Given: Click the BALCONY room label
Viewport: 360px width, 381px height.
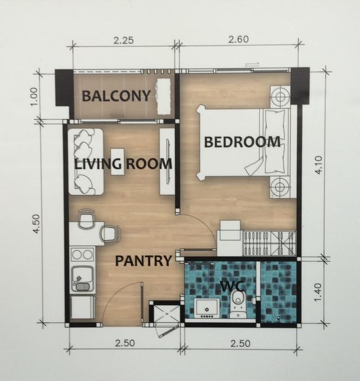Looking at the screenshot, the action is click(116, 96).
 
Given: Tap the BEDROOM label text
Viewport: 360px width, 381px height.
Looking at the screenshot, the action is click(242, 142).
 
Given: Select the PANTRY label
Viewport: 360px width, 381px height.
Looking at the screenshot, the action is click(143, 261).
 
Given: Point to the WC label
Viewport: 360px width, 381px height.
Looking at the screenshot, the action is click(232, 286).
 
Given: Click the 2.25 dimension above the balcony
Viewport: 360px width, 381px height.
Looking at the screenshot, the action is click(124, 40).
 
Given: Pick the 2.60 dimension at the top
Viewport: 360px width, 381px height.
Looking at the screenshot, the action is click(238, 39).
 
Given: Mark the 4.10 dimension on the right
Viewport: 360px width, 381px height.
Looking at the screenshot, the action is click(318, 165).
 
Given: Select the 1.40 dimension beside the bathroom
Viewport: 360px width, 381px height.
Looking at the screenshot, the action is click(318, 292).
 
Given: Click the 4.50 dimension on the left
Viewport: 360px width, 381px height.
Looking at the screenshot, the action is click(37, 224).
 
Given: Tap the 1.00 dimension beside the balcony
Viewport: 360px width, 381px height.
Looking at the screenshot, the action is click(34, 97).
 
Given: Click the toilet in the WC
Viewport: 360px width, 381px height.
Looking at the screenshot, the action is click(238, 304).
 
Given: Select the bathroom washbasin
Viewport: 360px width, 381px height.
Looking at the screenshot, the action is click(207, 309).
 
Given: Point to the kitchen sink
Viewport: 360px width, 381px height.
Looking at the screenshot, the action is click(82, 280).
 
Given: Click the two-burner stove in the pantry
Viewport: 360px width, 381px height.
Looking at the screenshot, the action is click(83, 255).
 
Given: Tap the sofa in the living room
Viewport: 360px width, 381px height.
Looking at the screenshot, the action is click(85, 162).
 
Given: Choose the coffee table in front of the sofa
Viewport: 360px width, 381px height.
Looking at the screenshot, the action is click(118, 162).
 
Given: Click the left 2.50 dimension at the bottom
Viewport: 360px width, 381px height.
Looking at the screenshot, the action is click(125, 343).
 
